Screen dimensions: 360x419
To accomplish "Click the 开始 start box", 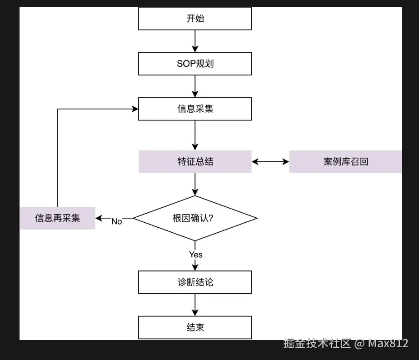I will click(x=195, y=19).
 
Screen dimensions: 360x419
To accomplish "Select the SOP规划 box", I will click(x=195, y=64).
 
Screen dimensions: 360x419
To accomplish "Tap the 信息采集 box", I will click(x=195, y=109).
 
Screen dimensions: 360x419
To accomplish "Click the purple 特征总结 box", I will click(x=195, y=162).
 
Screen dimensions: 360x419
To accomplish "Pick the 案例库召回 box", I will click(x=345, y=162).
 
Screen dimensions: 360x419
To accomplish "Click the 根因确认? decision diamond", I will click(x=195, y=218).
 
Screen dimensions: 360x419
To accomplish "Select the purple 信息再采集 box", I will click(x=57, y=218).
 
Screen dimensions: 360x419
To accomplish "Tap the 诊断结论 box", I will click(x=195, y=282).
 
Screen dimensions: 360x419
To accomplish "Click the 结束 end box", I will click(x=195, y=327).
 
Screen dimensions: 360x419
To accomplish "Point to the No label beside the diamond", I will click(x=117, y=221).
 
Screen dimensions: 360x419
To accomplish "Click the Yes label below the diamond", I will click(x=195, y=255).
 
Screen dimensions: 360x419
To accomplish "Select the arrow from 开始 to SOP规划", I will click(x=195, y=41).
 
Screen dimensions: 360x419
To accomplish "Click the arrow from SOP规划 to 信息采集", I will click(x=195, y=86).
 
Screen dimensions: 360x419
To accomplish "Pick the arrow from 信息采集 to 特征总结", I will click(x=195, y=135).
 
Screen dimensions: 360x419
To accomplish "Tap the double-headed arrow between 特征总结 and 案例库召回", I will click(x=270, y=162).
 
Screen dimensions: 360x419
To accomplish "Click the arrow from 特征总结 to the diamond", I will click(x=195, y=184).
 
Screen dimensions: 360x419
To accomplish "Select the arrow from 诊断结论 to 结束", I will click(x=195, y=305).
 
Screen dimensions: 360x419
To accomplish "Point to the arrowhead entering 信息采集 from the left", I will click(x=135, y=109).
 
